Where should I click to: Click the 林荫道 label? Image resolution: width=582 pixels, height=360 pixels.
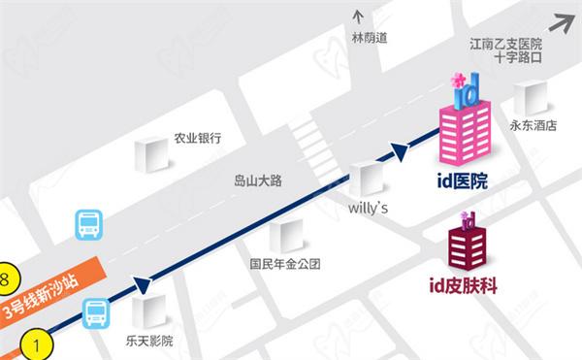pos(369,38)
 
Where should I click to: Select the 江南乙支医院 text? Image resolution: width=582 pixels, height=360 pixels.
pos(505,44)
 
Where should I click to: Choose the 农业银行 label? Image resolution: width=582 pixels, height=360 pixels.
pos(197,138)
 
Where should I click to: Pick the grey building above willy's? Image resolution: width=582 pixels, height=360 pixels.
pos(368,178)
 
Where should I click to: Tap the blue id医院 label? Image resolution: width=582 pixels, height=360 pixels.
pos(462,180)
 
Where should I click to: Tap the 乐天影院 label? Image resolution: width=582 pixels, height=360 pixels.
pos(149,341)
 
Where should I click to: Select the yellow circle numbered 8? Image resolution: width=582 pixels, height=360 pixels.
pos(5,278)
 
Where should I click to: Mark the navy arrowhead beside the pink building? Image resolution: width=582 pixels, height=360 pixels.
pos(400,151)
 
